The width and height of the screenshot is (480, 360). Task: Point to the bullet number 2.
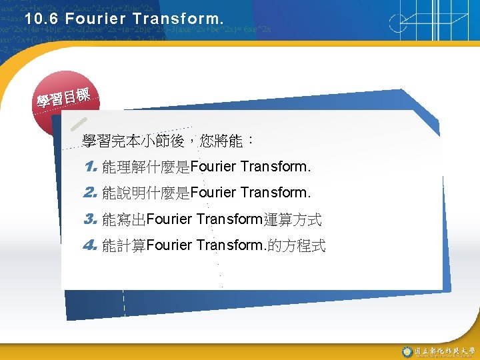coord(91,193)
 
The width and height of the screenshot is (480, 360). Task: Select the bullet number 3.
coord(91,219)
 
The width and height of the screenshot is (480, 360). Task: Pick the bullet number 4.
coord(91,245)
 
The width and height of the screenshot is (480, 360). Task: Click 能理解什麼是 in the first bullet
coord(146,165)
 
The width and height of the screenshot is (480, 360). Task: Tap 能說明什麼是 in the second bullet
coord(146,193)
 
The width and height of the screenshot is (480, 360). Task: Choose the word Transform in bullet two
coord(275,193)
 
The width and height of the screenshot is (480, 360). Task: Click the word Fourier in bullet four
coord(169,245)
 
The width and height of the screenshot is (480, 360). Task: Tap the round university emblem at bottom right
coord(407,351)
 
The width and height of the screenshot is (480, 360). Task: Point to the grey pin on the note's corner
coord(77,124)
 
